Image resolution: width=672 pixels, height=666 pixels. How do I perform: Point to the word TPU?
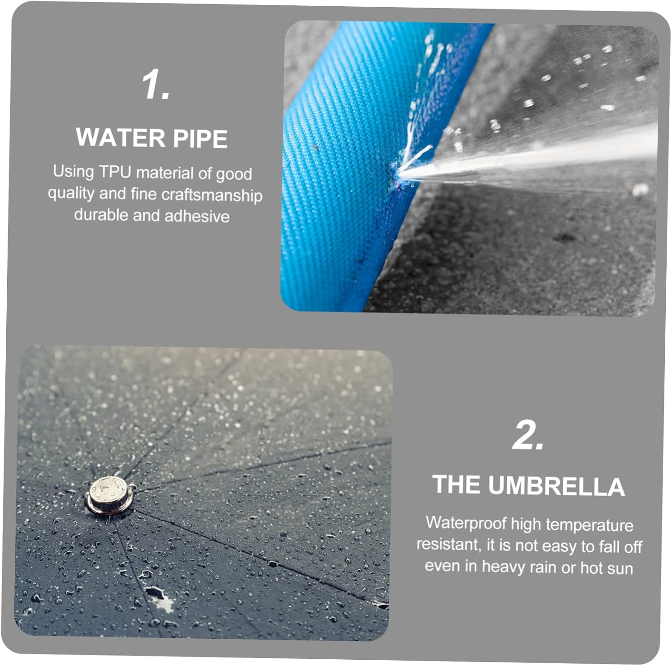[115, 172]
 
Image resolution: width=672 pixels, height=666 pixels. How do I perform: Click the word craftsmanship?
[211, 195]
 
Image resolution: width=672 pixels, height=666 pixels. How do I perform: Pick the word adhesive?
[197, 216]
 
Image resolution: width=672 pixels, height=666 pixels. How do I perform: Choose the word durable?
[101, 215]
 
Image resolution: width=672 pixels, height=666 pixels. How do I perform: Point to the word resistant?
[449, 544]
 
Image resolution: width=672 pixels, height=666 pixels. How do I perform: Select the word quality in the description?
[71, 194]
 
